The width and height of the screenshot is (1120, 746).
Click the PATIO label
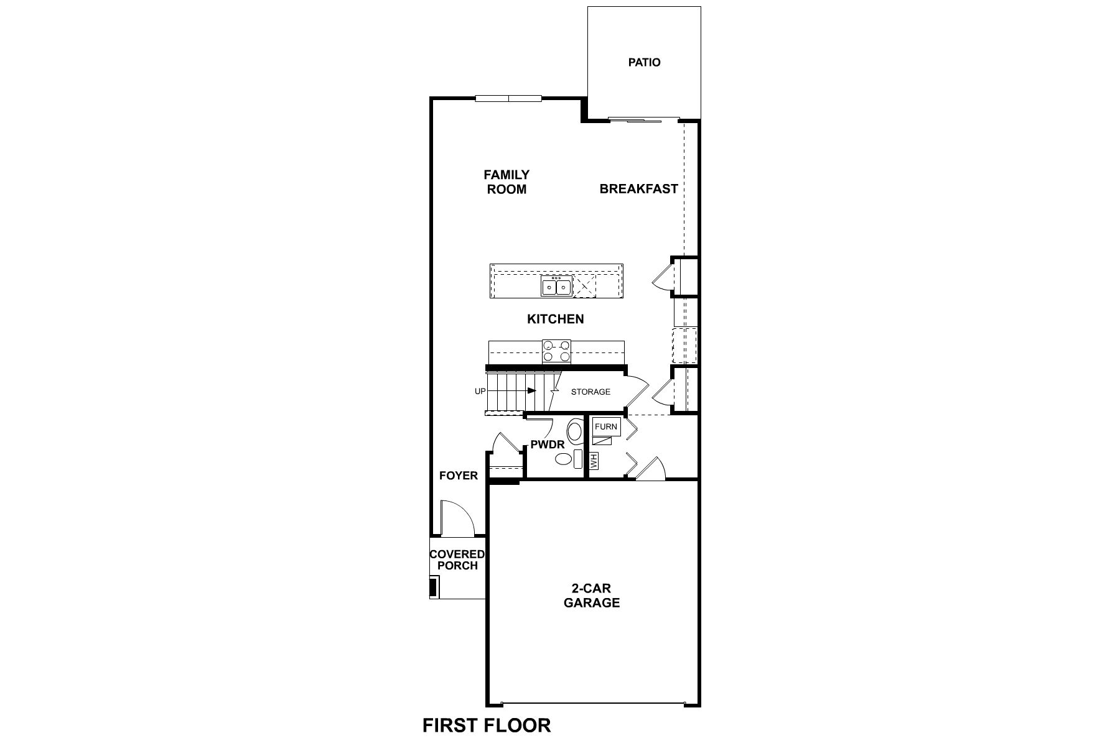coord(644,62)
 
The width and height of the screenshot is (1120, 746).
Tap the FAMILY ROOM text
coord(506,182)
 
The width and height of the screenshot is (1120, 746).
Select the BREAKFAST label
coord(638,188)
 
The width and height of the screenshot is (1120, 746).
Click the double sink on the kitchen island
coord(556,287)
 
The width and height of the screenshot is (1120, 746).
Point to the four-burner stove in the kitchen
coord(556,351)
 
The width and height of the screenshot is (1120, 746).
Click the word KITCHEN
coord(555,319)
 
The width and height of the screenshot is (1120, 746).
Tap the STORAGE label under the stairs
coord(590,392)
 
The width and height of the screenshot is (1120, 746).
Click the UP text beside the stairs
coord(480,391)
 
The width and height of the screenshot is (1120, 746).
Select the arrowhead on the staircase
coord(532,390)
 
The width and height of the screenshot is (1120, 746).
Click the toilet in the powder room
coord(574,430)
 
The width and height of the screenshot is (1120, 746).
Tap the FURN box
coord(605,426)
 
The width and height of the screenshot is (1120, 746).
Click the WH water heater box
coord(594,461)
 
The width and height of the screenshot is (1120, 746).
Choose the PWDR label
coord(547,445)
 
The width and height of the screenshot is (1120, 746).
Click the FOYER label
coord(458,476)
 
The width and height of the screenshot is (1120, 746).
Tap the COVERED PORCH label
coord(457,559)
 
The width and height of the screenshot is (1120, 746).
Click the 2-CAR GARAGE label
coord(591,596)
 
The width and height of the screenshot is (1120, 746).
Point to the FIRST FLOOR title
coord(487,725)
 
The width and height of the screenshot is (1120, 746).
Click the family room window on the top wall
coord(508,98)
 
